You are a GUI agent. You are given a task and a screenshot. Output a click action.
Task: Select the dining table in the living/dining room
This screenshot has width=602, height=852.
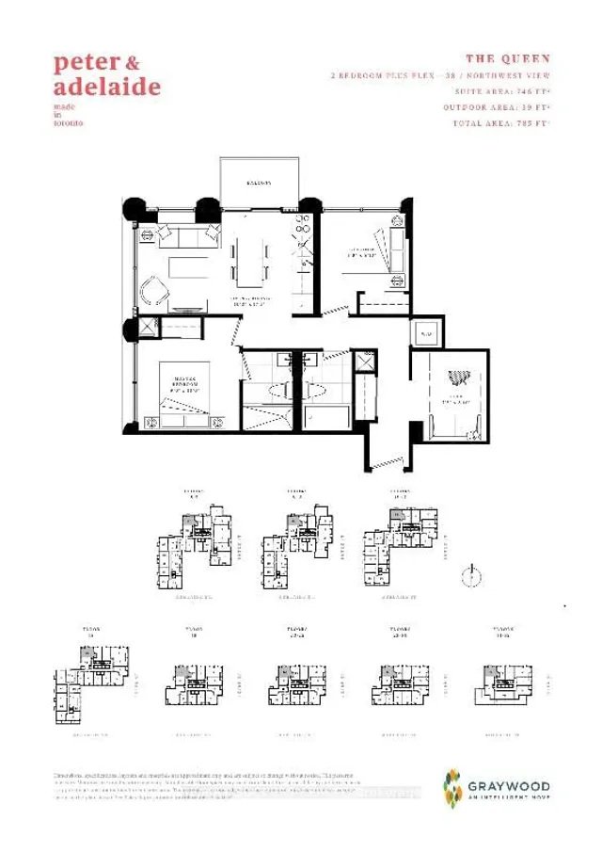[250, 260]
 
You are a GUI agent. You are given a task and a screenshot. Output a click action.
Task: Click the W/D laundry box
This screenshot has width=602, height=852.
[425, 334]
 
